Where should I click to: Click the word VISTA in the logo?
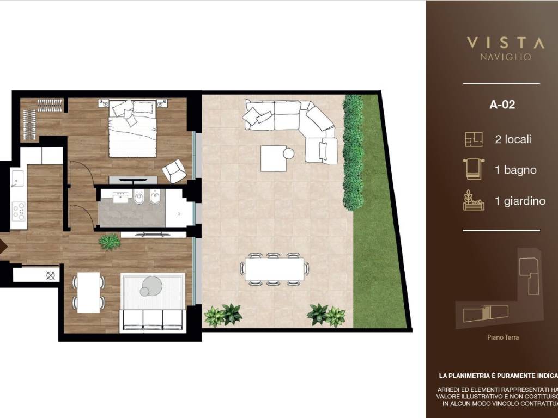click(505, 43)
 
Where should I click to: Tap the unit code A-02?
click(502, 105)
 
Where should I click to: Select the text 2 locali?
click(513, 139)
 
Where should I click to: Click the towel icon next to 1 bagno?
click(473, 169)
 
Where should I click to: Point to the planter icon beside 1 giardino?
click(473, 200)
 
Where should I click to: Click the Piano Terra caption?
click(502, 337)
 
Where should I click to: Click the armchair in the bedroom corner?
click(174, 171)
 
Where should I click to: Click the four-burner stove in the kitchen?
click(18, 211)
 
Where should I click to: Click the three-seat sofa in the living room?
click(152, 320)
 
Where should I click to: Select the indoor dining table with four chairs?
click(88, 292)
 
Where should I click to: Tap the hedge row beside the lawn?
click(353, 152)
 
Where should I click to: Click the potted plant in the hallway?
click(110, 242)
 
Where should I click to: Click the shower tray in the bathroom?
click(179, 207)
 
